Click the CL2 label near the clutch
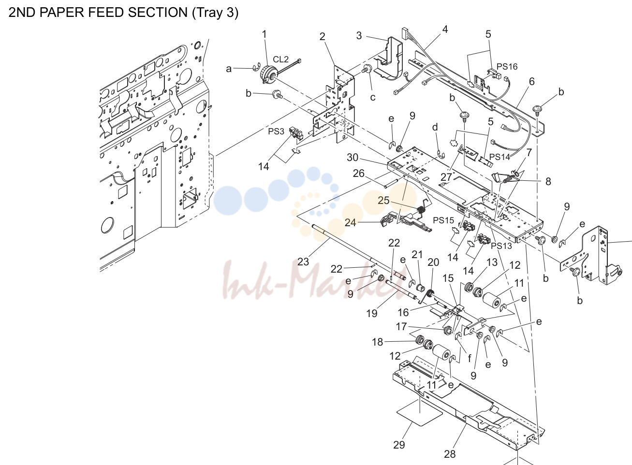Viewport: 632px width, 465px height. pyautogui.click(x=281, y=59)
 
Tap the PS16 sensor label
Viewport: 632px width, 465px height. pyautogui.click(x=507, y=67)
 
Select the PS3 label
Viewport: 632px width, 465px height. pyautogui.click(x=276, y=131)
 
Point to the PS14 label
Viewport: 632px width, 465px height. pyautogui.click(x=500, y=157)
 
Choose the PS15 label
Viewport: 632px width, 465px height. pyautogui.click(x=443, y=220)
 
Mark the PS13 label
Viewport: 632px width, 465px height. pyautogui.click(x=501, y=246)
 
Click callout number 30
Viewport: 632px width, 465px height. pyautogui.click(x=353, y=158)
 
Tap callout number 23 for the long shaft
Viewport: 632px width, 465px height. pyautogui.click(x=303, y=262)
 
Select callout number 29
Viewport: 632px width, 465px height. pyautogui.click(x=399, y=445)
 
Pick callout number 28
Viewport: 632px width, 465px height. pyautogui.click(x=450, y=454)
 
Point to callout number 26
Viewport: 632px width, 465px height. pyautogui.click(x=359, y=174)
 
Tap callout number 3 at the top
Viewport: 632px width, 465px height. pyautogui.click(x=359, y=36)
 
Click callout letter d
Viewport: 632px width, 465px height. pyautogui.click(x=435, y=127)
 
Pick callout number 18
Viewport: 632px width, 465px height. pyautogui.click(x=378, y=342)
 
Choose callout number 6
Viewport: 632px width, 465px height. pyautogui.click(x=532, y=82)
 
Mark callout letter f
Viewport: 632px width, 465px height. pyautogui.click(x=470, y=358)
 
